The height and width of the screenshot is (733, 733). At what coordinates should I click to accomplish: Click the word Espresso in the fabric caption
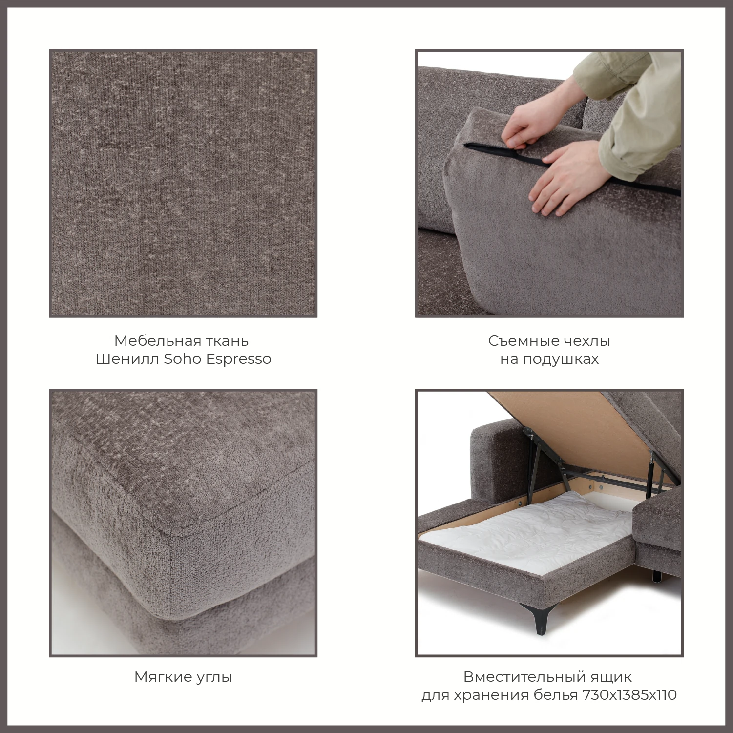click(238, 359)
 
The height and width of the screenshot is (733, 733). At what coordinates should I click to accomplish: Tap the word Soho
click(183, 359)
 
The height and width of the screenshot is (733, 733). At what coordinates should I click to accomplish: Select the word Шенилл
click(127, 359)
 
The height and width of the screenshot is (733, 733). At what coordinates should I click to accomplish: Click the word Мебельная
click(151, 340)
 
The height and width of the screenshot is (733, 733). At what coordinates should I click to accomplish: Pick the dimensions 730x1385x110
click(629, 695)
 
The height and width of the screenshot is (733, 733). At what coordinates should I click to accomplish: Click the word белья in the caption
click(555, 695)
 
